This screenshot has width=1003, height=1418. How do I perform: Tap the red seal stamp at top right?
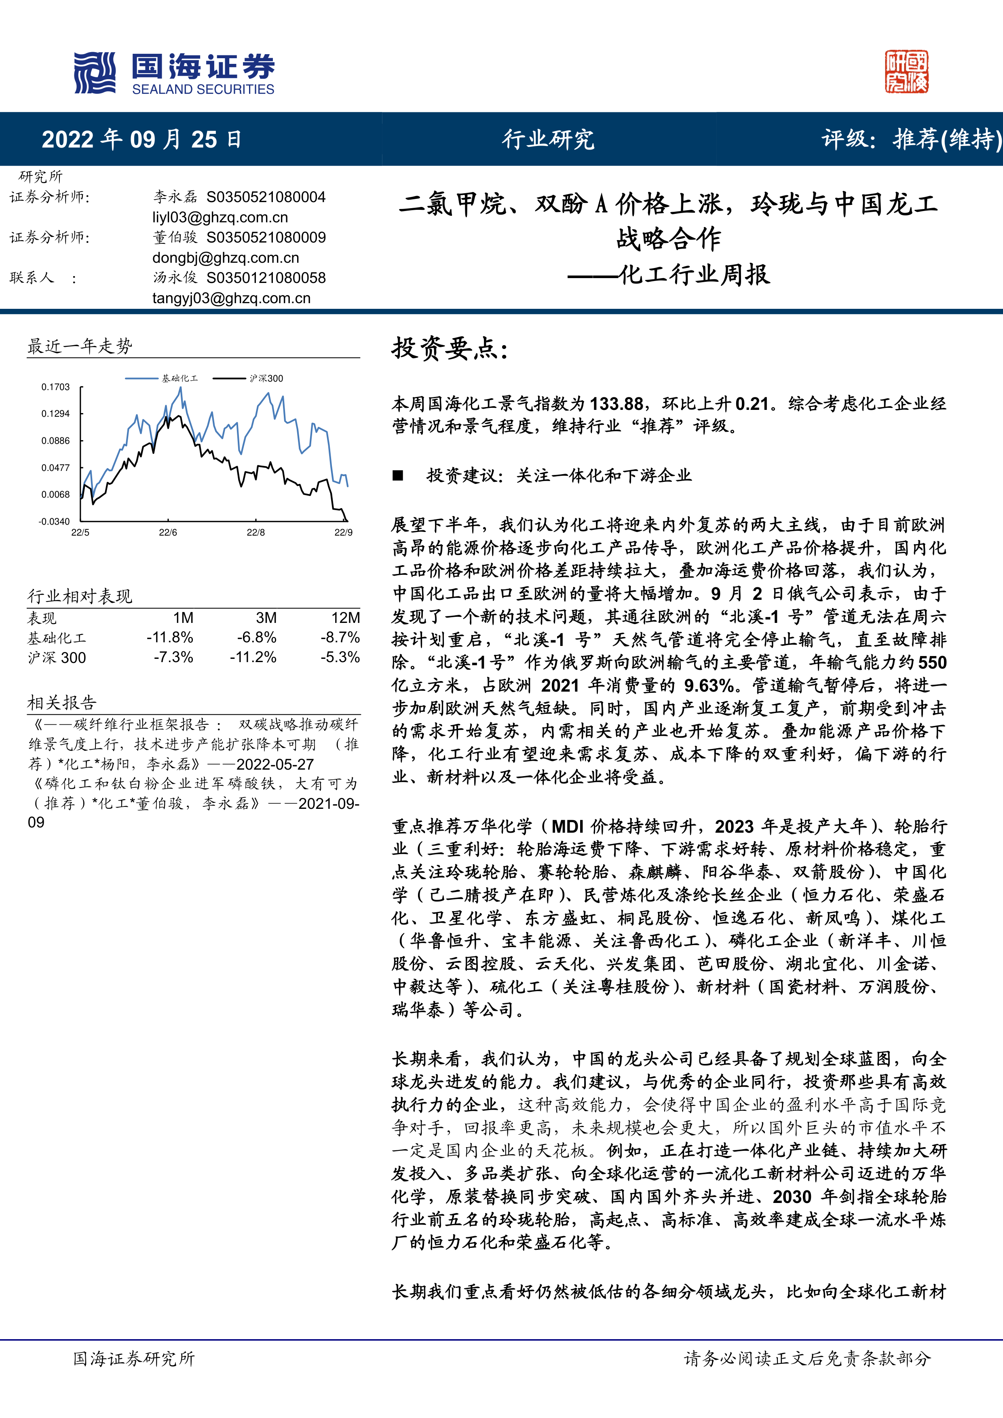[x=906, y=72]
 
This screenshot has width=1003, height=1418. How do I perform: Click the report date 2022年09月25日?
[x=141, y=139]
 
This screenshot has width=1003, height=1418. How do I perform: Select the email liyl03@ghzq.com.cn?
[x=220, y=217]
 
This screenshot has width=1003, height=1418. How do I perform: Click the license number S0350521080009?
[x=266, y=238]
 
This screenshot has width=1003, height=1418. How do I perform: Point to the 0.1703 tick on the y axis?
[x=55, y=387]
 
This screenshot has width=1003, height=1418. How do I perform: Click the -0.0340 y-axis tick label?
[x=54, y=522]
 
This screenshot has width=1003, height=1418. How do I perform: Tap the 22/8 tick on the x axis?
[x=256, y=532]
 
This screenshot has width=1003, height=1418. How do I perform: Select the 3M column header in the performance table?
[x=266, y=618]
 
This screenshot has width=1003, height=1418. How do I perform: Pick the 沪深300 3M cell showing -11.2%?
[x=253, y=657]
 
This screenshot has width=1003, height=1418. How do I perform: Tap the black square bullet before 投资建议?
[x=398, y=475]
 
